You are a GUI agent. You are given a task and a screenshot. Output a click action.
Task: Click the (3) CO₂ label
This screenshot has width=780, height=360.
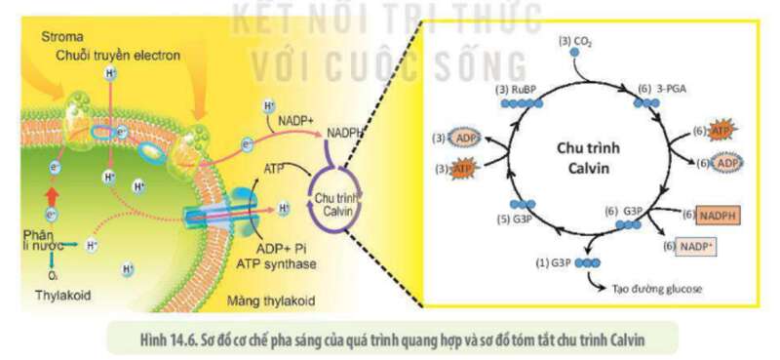click(575, 42)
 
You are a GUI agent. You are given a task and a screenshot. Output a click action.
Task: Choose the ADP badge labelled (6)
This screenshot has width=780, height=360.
click(724, 164)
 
